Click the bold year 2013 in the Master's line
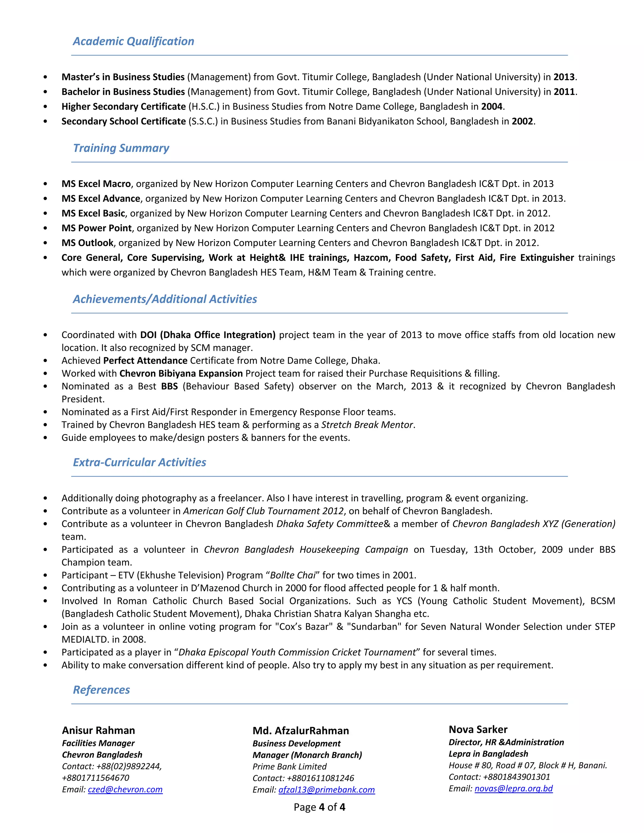(x=564, y=77)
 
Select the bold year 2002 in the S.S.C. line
(x=522, y=121)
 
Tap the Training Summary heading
(x=121, y=148)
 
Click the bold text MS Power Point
(x=97, y=228)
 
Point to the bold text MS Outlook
(x=87, y=243)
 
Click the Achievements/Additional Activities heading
(x=165, y=299)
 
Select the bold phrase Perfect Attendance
(x=145, y=361)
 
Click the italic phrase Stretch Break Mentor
(x=367, y=424)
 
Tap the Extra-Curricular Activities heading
(x=139, y=462)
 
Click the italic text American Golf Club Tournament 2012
(x=263, y=511)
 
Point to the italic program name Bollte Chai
(x=293, y=575)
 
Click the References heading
(x=102, y=690)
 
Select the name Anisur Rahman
(x=98, y=731)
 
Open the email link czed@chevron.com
(x=125, y=790)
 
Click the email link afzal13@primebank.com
(x=327, y=790)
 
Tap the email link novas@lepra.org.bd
(x=514, y=788)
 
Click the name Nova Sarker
(x=478, y=730)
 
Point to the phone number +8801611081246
(x=320, y=778)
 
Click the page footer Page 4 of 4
(x=319, y=807)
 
